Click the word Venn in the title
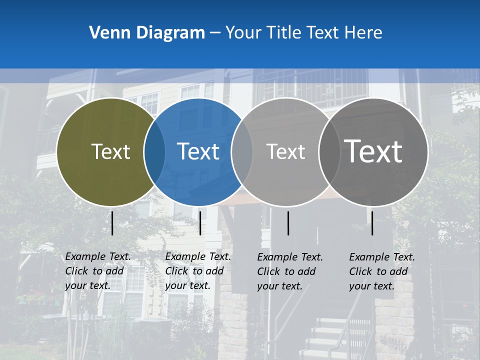click(x=105, y=33)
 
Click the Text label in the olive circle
click(x=110, y=152)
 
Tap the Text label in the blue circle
click(x=198, y=152)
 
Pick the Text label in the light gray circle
click(x=285, y=152)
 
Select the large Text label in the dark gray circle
click(x=373, y=152)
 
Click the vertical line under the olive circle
click(x=112, y=223)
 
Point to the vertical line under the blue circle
click(x=200, y=223)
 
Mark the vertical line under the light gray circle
click(x=288, y=223)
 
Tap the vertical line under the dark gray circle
click(x=372, y=223)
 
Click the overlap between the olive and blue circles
click(x=155, y=152)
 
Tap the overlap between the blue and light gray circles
click(x=242, y=152)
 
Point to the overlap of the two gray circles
click(x=329, y=152)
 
